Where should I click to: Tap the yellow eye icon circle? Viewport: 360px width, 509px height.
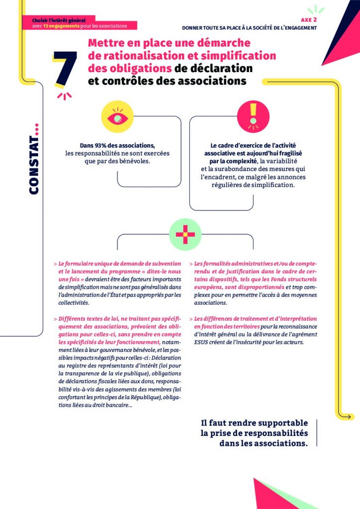pos(117,117)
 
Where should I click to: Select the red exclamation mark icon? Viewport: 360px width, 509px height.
pos(254,116)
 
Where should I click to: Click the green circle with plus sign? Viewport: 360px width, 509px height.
pos(185,234)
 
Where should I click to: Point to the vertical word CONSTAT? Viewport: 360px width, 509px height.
pos(34,159)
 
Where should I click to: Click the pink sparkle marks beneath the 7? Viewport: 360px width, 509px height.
pos(64,95)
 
